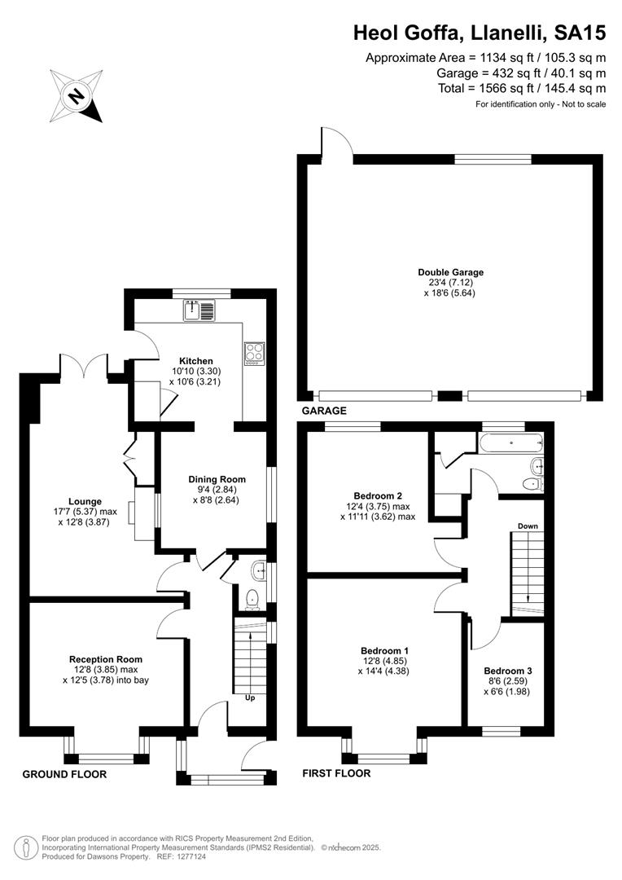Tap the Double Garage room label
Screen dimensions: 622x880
[x=450, y=273]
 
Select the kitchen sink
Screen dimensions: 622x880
[x=199, y=310]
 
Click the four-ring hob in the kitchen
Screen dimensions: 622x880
[x=253, y=354]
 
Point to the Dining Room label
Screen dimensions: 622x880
[x=217, y=479]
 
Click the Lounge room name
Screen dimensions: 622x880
[x=85, y=502]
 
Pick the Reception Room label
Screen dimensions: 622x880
[x=106, y=659]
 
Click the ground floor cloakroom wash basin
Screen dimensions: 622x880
[x=260, y=570]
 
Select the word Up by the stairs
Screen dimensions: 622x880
[x=250, y=698]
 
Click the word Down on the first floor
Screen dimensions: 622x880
[x=528, y=526]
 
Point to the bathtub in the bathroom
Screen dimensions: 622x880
[x=511, y=443]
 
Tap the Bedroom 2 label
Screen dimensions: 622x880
[x=378, y=496]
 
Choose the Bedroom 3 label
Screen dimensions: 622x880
[x=507, y=671]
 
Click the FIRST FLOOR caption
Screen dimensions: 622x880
[x=336, y=773]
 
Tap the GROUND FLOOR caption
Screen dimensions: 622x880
[x=64, y=775]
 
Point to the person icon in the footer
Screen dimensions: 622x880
[x=23, y=847]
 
